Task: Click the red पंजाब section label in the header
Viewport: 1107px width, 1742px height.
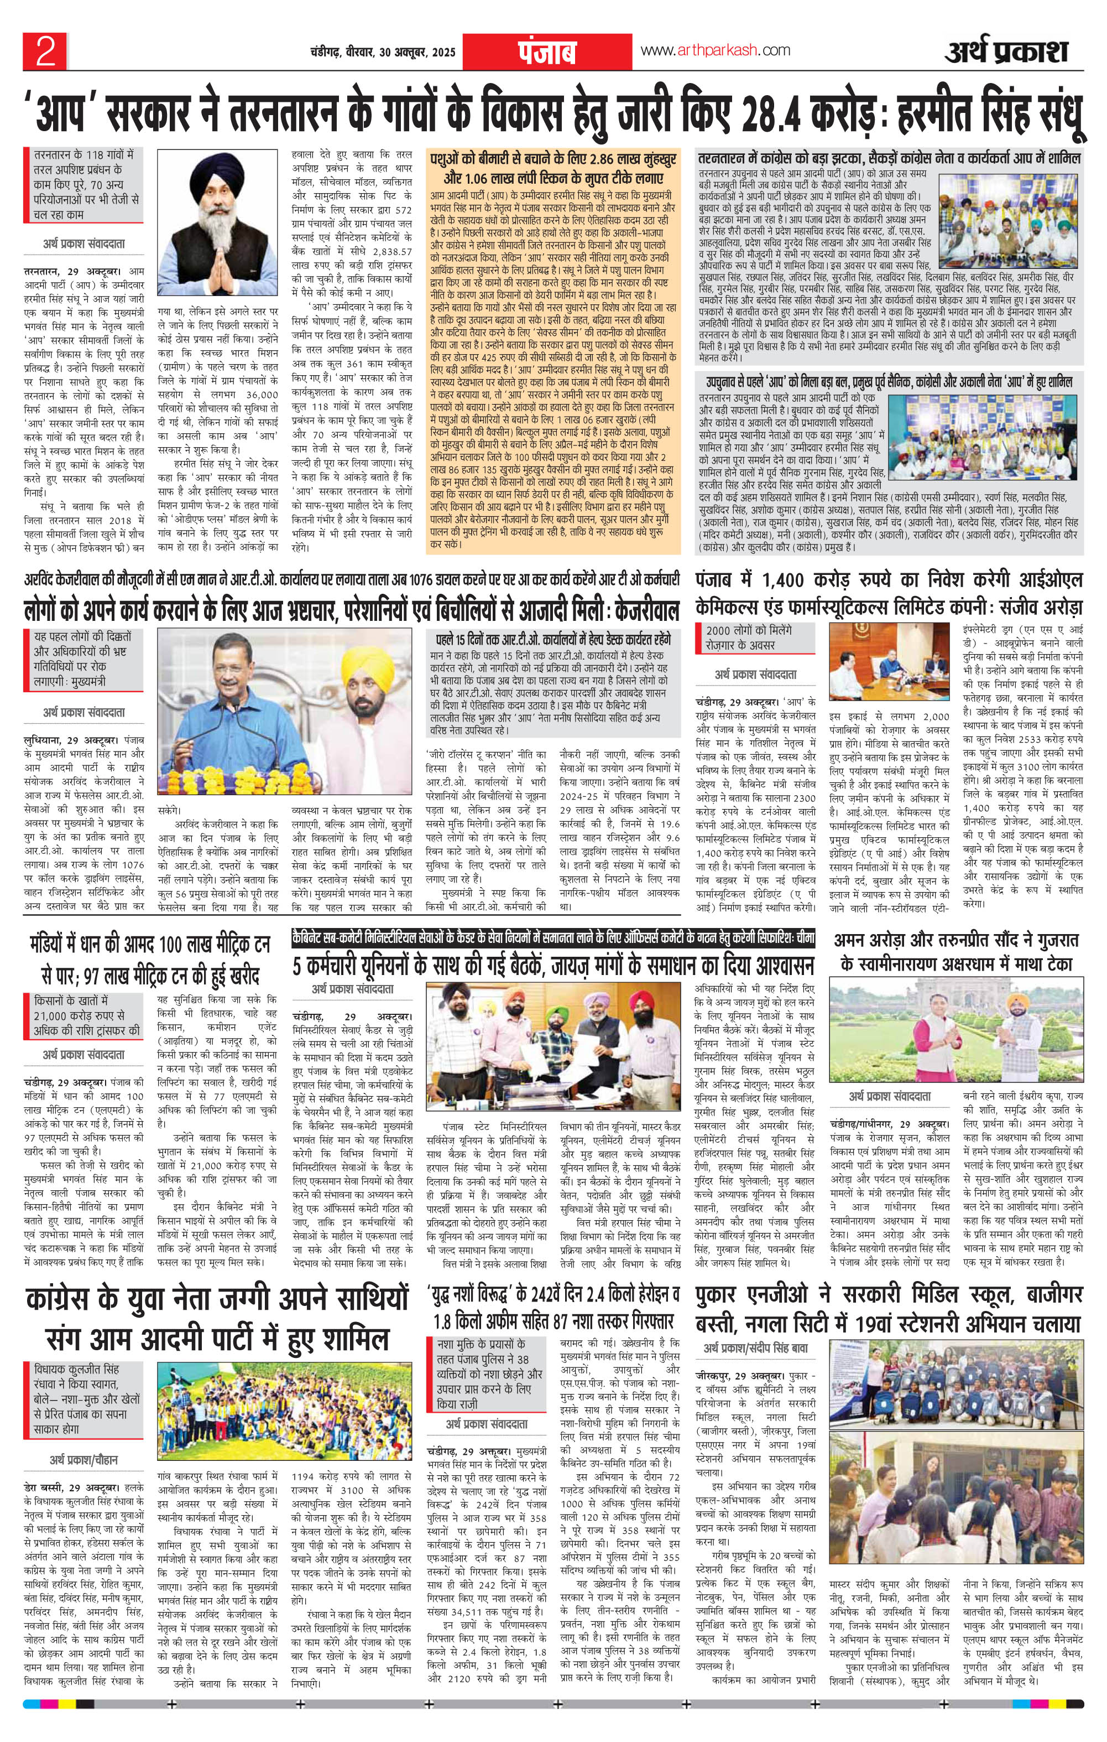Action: [x=547, y=53]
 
